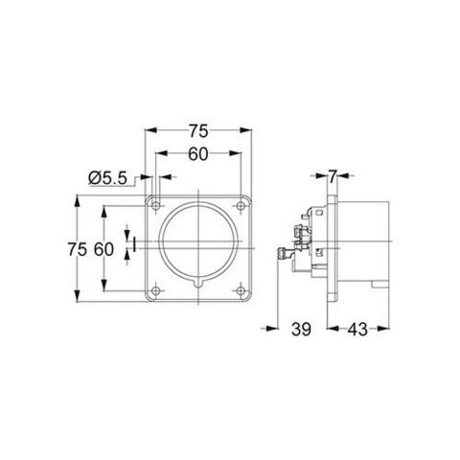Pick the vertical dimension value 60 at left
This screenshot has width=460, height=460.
(104, 249)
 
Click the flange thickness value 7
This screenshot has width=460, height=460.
(331, 176)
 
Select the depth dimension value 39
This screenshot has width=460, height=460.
(301, 330)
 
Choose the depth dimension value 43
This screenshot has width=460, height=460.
(356, 330)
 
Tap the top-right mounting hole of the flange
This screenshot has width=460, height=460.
(242, 204)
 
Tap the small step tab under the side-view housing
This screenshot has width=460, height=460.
(383, 285)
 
